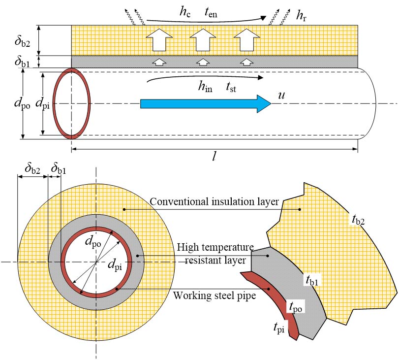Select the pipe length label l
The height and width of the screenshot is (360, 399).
click(x=215, y=155)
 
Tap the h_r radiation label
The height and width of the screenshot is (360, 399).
click(x=300, y=16)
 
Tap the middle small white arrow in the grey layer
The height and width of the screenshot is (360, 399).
click(x=202, y=62)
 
